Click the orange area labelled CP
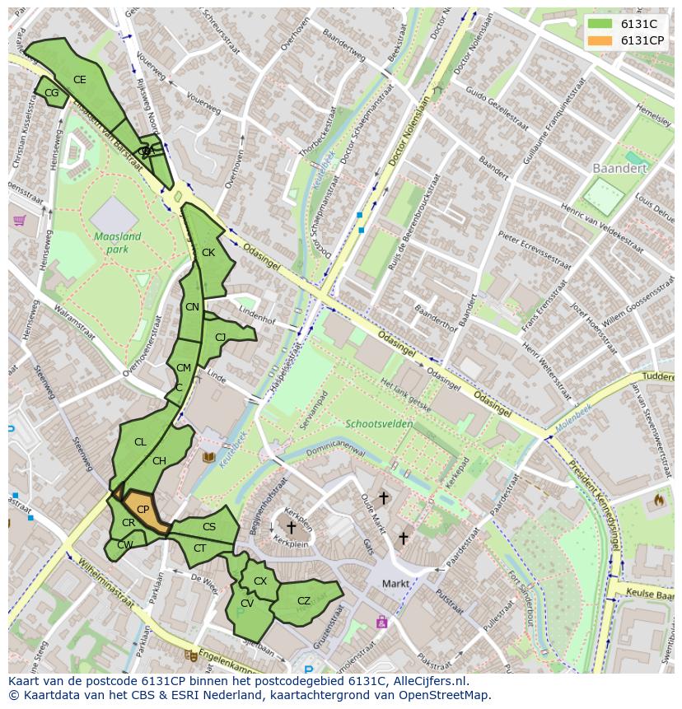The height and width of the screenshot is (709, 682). click(x=143, y=510)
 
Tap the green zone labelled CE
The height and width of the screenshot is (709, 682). click(x=79, y=80)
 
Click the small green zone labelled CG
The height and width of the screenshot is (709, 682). click(x=51, y=93)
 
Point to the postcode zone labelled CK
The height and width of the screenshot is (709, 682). click(x=208, y=253)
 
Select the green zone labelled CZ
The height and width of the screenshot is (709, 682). click(x=304, y=601)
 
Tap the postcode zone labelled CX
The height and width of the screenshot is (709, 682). click(x=260, y=581)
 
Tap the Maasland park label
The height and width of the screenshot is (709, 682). click(x=117, y=242)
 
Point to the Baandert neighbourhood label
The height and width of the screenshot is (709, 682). click(x=619, y=168)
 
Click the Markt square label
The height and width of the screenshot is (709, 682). click(x=395, y=584)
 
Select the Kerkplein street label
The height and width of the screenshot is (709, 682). click(x=292, y=544)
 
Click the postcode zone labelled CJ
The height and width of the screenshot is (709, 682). click(x=220, y=338)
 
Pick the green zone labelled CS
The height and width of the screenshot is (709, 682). click(x=209, y=527)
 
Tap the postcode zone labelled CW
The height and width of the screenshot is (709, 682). click(x=124, y=545)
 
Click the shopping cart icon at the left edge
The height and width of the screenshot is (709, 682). click(x=18, y=221)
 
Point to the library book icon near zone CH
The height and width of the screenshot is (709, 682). click(x=208, y=456)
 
